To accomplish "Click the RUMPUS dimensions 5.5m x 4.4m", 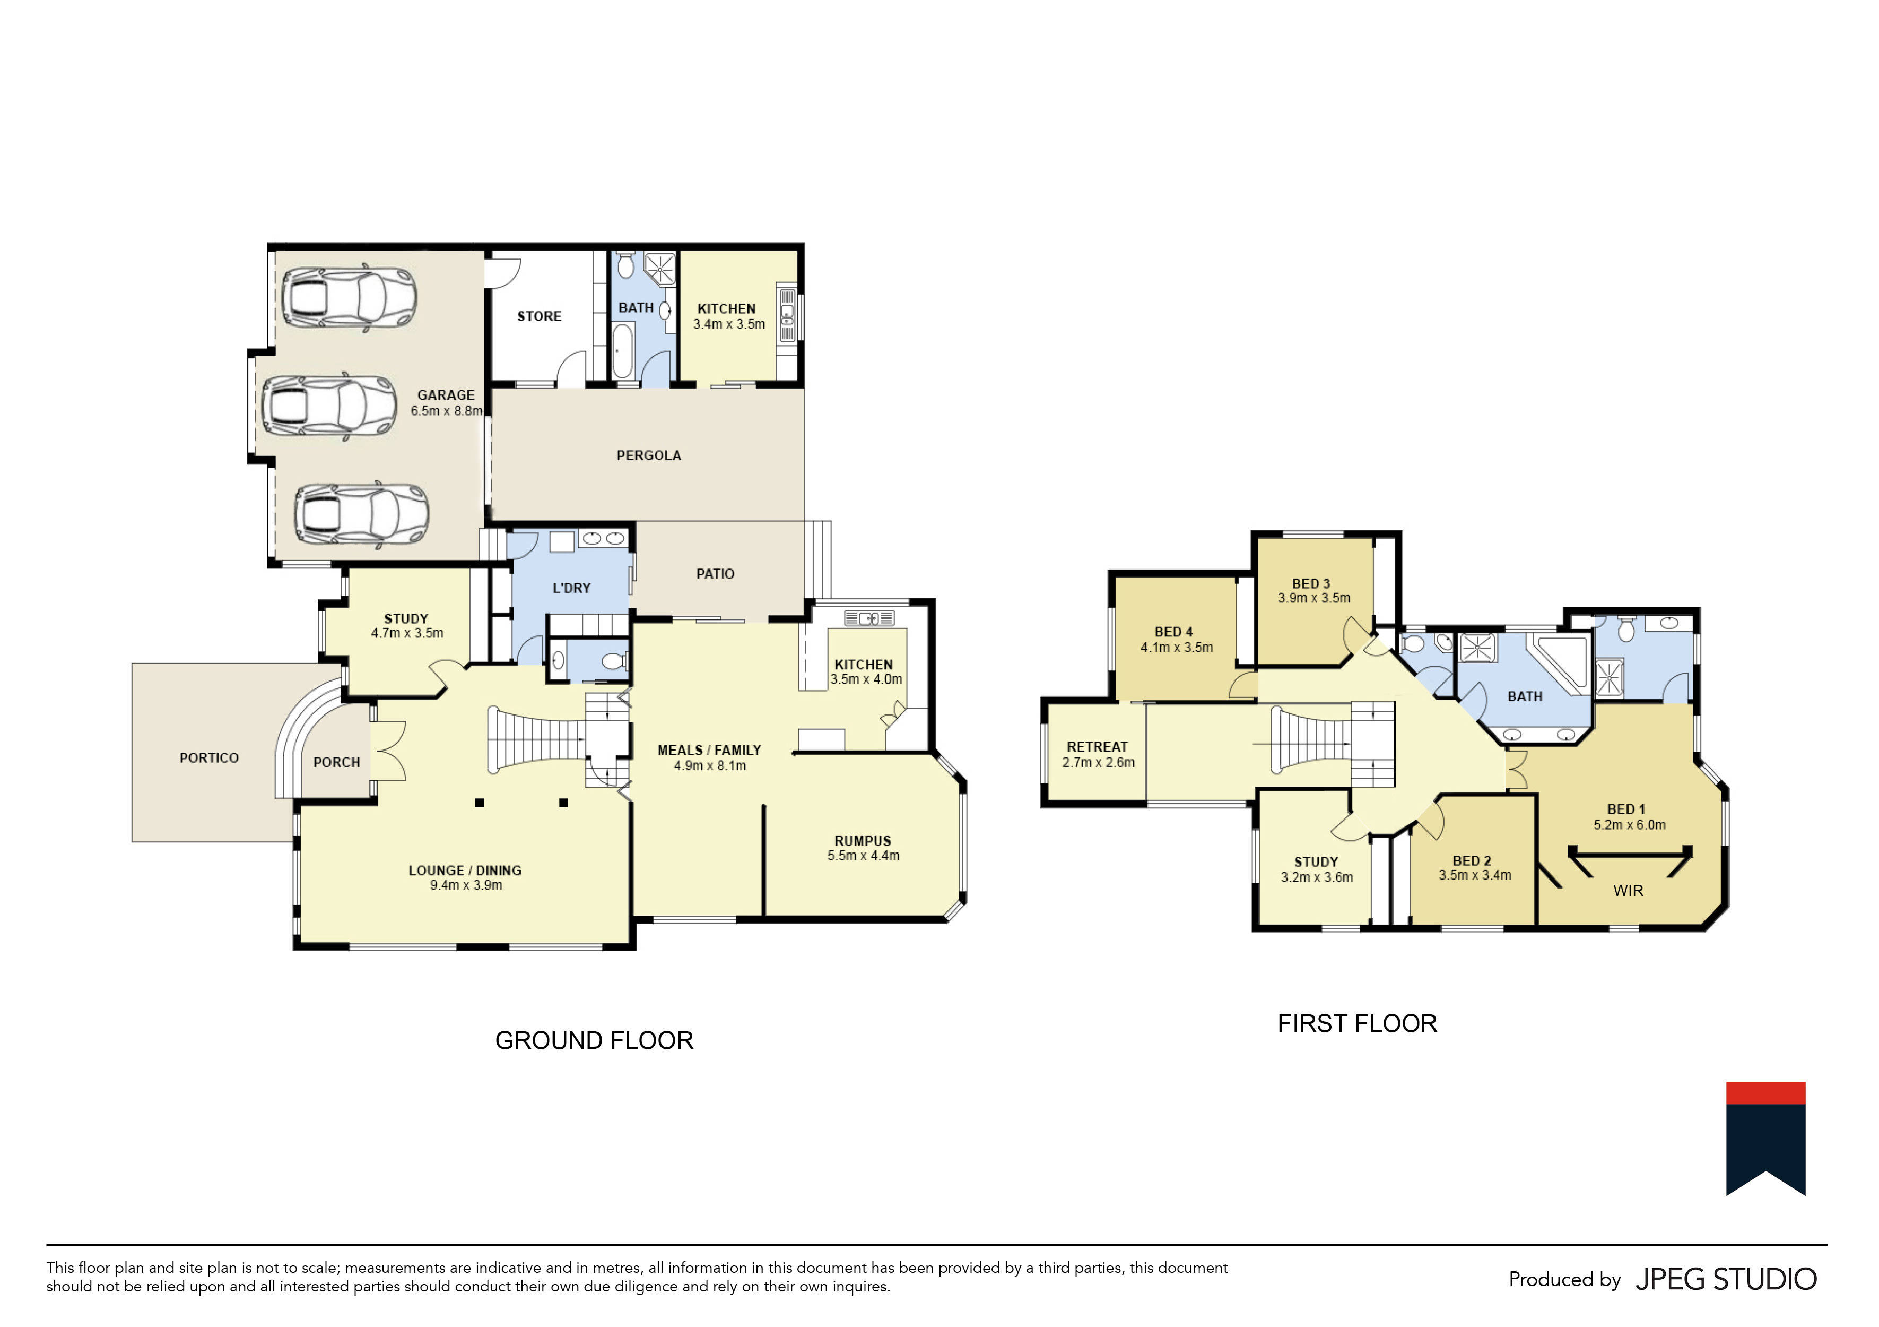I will [864, 856].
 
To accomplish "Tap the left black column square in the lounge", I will [480, 804].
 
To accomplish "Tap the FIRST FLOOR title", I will [1357, 1024].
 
